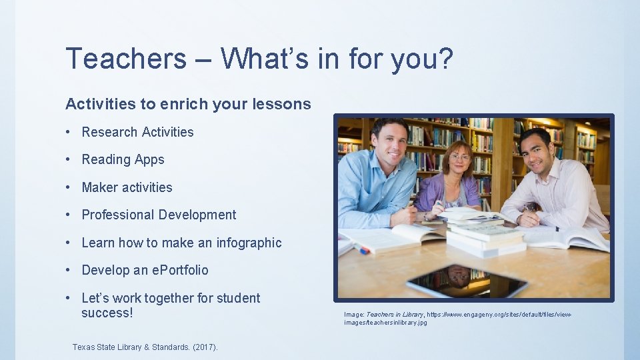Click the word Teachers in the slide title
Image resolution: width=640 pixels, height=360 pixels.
point(126,59)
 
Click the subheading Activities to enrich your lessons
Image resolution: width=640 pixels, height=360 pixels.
point(188,104)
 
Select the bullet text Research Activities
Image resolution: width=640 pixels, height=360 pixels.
point(137,132)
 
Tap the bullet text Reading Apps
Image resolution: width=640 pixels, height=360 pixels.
point(123,159)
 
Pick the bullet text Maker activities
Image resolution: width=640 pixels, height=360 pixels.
point(127,187)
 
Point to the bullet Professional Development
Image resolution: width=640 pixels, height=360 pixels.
point(159,215)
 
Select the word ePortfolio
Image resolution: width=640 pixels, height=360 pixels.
point(180,270)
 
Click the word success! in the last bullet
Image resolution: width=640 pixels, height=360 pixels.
point(107,313)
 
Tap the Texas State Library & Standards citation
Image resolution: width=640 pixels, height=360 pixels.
point(145,347)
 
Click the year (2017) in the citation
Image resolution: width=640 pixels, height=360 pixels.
point(204,347)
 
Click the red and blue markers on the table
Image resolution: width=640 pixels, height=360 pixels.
point(359,248)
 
